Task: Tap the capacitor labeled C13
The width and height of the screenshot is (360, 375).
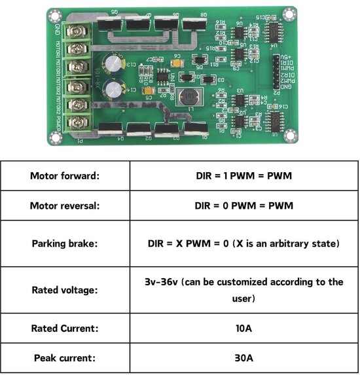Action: pyautogui.click(x=122, y=63)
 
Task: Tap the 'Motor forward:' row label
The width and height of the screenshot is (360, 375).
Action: pyautogui.click(x=64, y=175)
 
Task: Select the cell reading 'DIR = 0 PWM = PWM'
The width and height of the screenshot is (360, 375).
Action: pyautogui.click(x=243, y=205)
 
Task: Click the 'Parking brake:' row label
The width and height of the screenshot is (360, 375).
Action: pyautogui.click(x=64, y=243)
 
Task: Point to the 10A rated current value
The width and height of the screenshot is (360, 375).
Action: pyautogui.click(x=243, y=328)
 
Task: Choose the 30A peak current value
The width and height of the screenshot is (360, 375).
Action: pyautogui.click(x=243, y=358)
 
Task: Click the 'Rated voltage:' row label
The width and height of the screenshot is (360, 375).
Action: pyautogui.click(x=64, y=290)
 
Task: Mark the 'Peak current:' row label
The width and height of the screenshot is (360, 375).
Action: pyautogui.click(x=64, y=358)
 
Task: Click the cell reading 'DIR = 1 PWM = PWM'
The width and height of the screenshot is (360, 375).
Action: pyautogui.click(x=243, y=175)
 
